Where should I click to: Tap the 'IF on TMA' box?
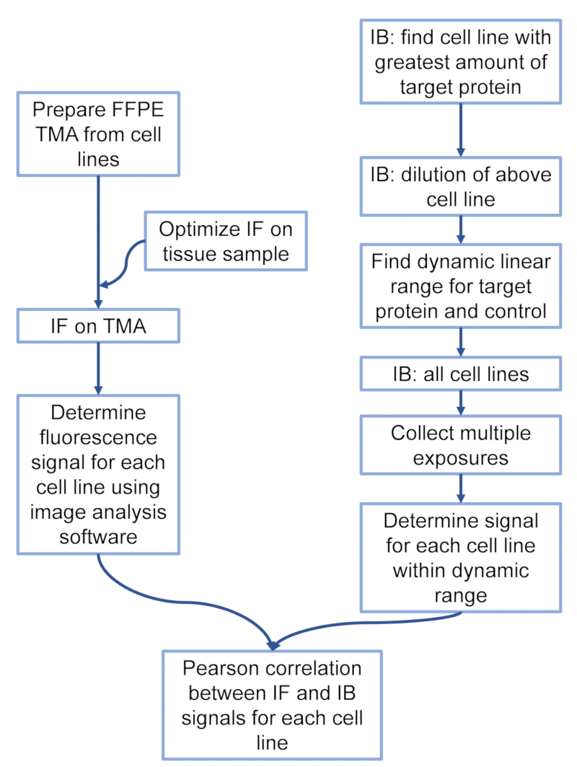[98, 326]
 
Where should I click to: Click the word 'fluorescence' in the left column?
[98, 437]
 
